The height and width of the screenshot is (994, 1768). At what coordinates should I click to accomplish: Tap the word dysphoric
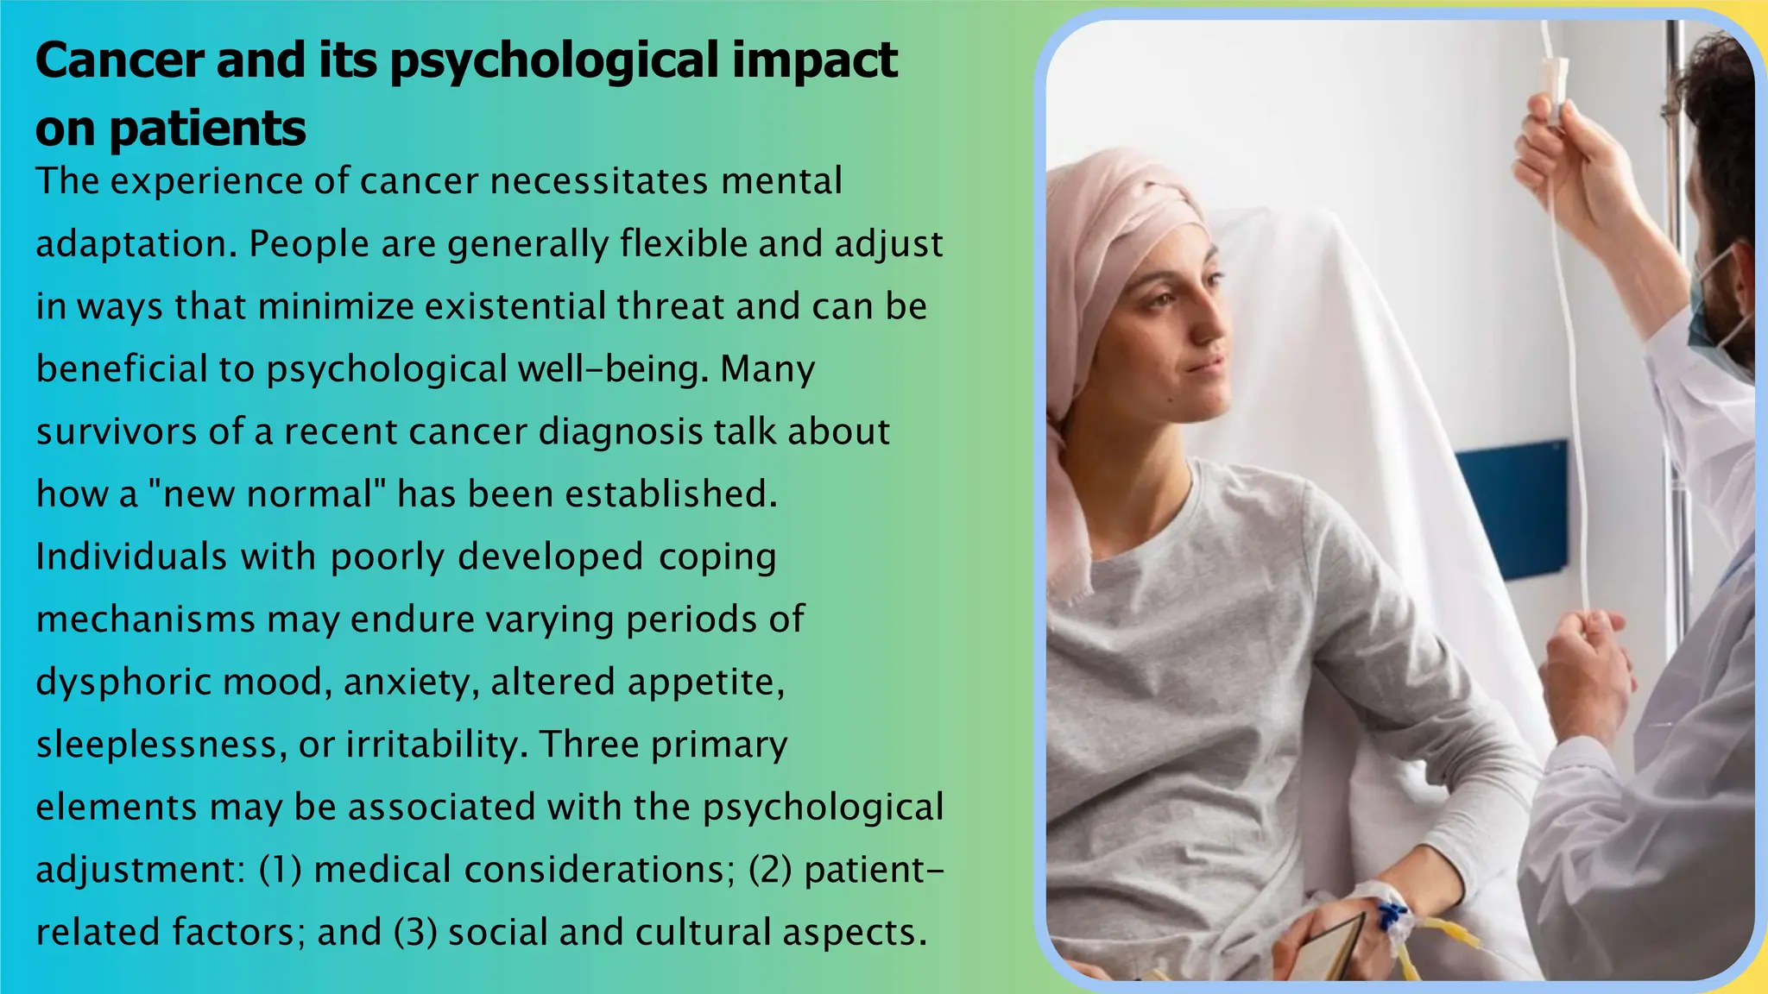coord(127,683)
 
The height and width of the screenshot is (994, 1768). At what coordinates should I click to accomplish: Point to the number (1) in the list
coord(281,870)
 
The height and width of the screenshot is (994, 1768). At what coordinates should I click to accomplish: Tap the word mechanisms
coord(145,620)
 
